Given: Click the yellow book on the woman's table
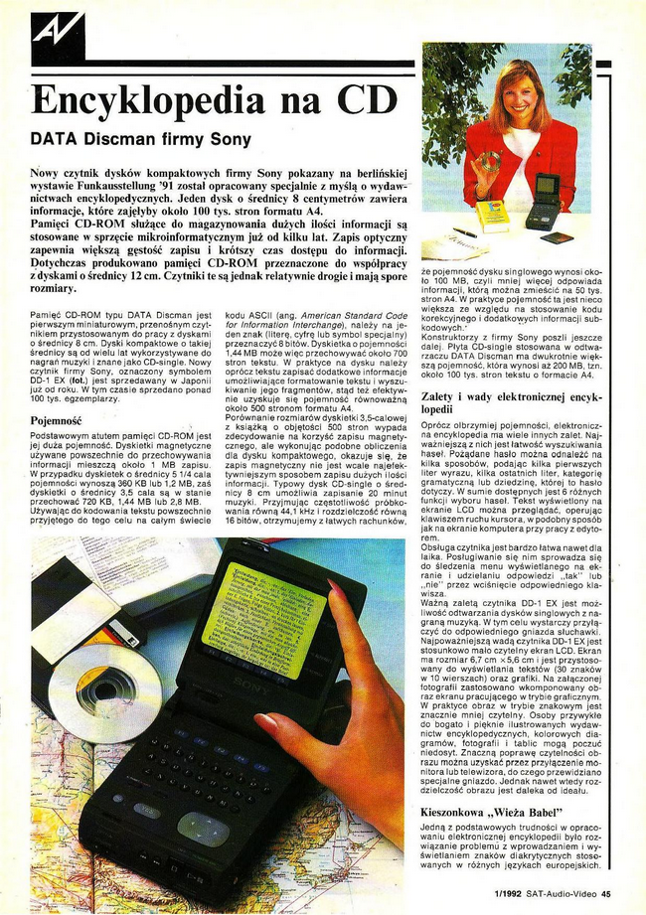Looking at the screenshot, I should pyautogui.click(x=492, y=214).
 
